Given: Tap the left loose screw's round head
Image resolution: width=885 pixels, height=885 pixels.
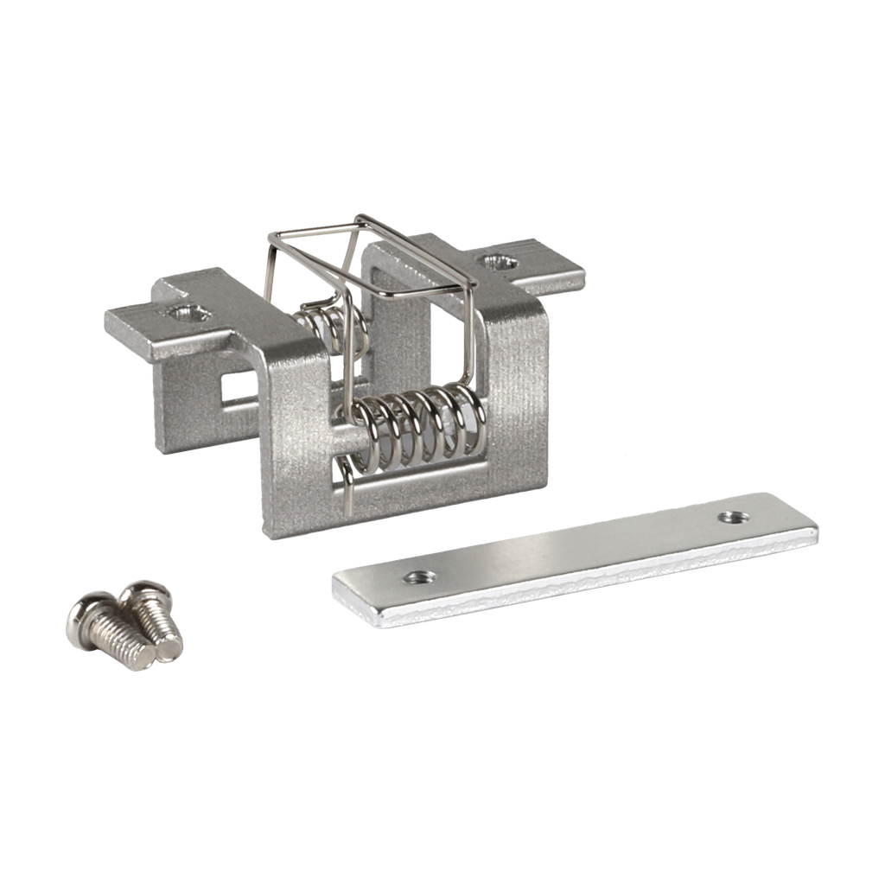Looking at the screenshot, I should click(85, 615).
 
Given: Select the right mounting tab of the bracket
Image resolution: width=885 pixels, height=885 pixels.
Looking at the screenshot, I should click(527, 264).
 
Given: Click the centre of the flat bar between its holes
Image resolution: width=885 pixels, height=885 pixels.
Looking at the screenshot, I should click(570, 553).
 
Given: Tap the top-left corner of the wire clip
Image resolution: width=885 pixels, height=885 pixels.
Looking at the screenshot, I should click(271, 235).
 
